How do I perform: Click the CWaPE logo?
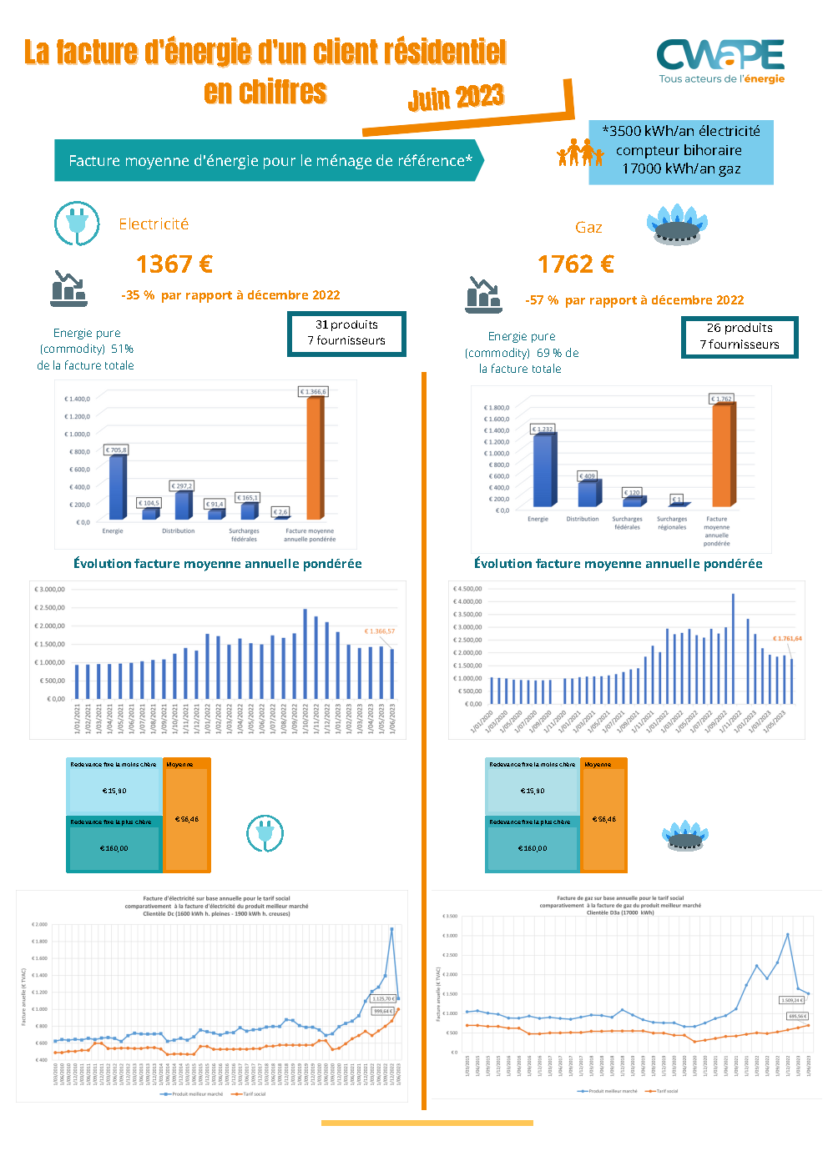point(721,61)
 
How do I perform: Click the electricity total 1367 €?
point(174,264)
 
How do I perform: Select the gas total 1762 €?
point(576,264)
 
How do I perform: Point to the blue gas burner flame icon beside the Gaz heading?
point(677,224)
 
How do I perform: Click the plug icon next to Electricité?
point(77,224)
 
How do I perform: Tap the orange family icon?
point(580,153)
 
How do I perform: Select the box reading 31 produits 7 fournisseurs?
point(346,333)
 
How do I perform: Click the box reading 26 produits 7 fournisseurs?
point(740,336)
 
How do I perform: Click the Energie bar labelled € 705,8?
point(117,487)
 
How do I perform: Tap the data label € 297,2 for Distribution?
point(182,485)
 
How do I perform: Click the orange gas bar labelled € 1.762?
point(722,455)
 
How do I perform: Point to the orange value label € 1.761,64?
point(787,639)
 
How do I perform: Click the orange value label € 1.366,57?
point(379,631)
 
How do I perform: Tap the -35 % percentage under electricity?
point(138,295)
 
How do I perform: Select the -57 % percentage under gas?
point(542,300)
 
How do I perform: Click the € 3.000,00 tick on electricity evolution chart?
point(49,590)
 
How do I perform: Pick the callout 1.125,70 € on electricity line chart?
point(382,998)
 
